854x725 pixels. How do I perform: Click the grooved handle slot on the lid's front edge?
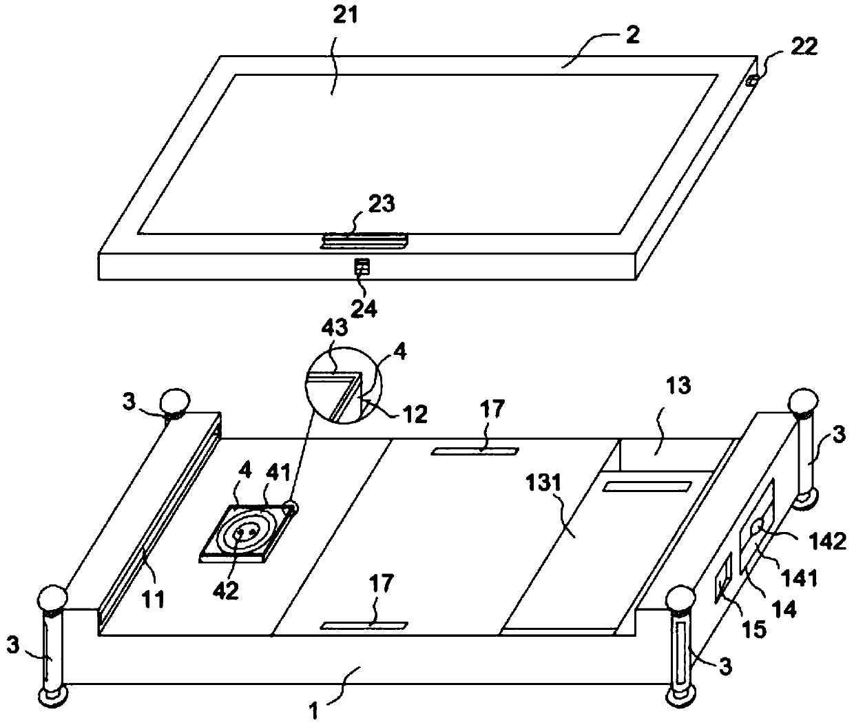364,241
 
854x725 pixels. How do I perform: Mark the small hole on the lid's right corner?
753,81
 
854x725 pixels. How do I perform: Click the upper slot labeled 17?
475,451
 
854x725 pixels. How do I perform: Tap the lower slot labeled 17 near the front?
365,626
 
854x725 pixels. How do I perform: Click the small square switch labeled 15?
724,578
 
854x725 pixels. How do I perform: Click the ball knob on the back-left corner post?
174,400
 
